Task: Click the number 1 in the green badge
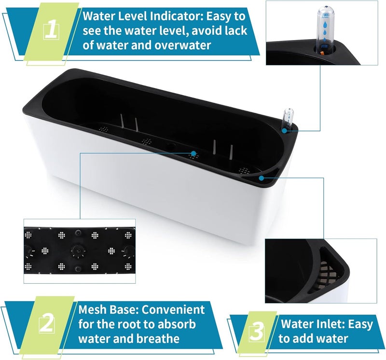tap(51, 31)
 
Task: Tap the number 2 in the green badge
tap(46, 323)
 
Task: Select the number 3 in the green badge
tap(257, 332)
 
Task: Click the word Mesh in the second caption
tap(92, 309)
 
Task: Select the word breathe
tap(158, 339)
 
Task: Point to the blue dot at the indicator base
tap(285, 131)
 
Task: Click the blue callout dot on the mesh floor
tap(194, 153)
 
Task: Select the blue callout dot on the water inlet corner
tap(262, 178)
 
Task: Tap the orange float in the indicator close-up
tap(322, 53)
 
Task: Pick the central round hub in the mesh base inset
tap(78, 251)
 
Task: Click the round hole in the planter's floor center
tap(171, 146)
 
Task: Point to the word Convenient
tap(173, 309)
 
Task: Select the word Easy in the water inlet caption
tap(360, 324)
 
